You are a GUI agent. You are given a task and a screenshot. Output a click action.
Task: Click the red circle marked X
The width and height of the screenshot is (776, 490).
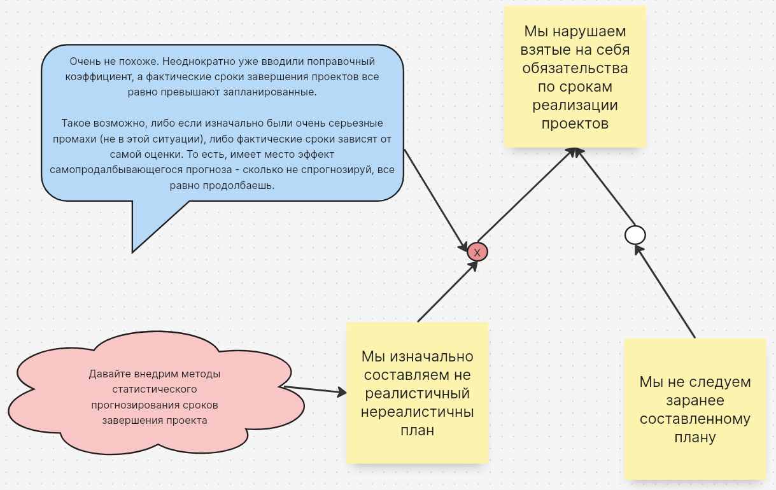477,252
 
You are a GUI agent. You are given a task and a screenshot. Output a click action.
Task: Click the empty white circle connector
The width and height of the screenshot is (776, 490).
635,235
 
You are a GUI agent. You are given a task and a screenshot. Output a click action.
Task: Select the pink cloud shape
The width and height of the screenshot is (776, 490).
156,393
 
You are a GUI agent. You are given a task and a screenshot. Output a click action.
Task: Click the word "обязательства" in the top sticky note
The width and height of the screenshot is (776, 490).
575,68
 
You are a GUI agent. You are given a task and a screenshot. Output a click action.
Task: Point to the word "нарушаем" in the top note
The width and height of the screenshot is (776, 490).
589,32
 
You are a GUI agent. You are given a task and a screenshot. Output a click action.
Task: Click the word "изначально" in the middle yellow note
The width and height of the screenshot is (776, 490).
432,356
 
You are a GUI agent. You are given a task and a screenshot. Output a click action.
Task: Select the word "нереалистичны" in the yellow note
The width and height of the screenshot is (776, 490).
418,412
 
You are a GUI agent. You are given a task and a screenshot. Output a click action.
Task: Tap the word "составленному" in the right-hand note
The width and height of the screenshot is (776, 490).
695,419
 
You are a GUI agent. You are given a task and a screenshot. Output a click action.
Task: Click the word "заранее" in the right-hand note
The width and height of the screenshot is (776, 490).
695,401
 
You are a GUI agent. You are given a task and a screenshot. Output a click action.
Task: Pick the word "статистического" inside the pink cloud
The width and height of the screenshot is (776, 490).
155,389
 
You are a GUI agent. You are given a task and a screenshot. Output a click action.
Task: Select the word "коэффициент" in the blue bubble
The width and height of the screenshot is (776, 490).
99,76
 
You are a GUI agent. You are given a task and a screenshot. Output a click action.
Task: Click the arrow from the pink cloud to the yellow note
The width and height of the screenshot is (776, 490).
315,389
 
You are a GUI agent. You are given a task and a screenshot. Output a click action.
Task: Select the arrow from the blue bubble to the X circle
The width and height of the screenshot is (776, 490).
436,200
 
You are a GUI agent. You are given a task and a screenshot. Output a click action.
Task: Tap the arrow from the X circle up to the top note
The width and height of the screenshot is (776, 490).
526,195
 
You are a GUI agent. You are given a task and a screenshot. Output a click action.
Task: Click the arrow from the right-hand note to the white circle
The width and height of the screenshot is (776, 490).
665,291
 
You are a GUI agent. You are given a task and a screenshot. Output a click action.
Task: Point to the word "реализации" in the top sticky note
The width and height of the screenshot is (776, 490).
575,105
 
